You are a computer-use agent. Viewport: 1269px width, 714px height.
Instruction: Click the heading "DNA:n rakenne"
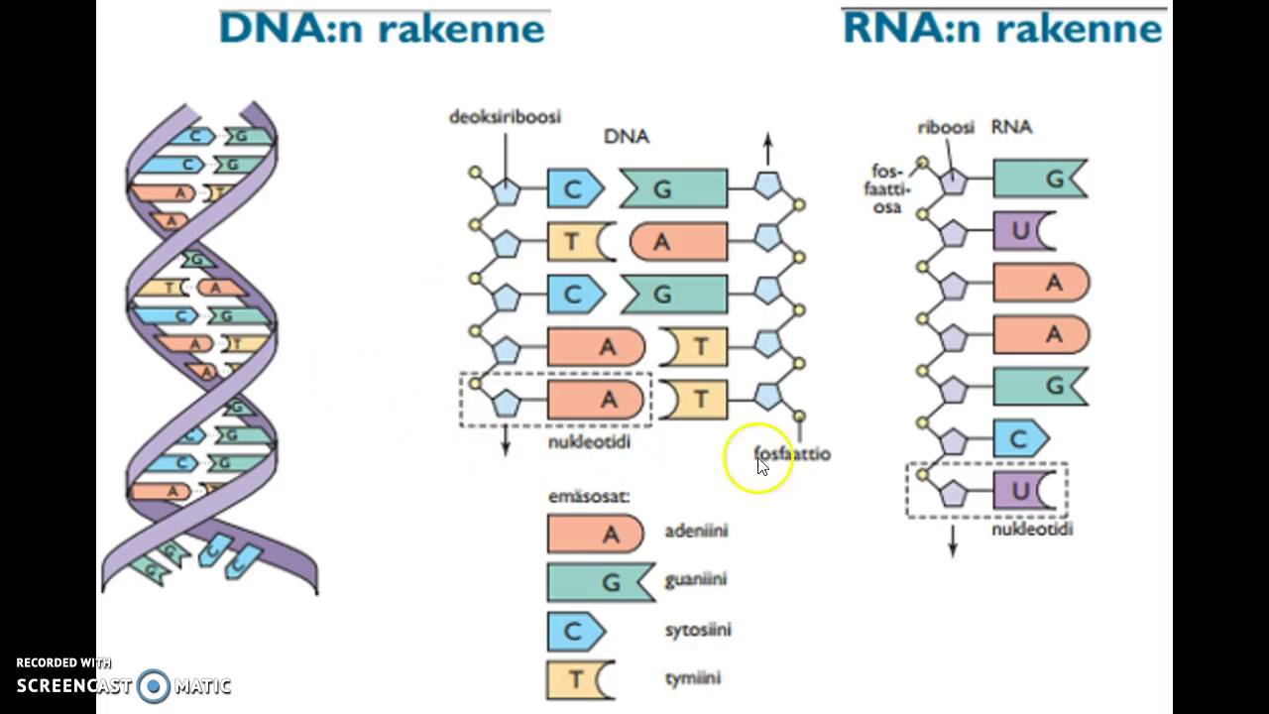(382, 28)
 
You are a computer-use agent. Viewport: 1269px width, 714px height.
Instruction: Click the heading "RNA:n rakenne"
(1002, 28)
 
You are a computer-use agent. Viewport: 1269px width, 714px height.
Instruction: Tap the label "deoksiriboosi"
(505, 117)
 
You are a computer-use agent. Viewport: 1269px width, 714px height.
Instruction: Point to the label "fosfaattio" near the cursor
(792, 454)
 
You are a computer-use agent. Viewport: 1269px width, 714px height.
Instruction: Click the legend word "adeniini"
(696, 532)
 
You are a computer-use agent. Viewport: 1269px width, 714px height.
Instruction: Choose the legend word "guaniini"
(696, 580)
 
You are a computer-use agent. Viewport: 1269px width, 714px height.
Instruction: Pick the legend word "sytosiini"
(698, 630)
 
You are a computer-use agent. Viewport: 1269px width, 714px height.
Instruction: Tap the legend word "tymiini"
(692, 679)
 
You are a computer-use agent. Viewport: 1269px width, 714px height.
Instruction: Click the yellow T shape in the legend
(579, 679)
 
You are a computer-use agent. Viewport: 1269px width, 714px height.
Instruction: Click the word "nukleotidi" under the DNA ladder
(589, 442)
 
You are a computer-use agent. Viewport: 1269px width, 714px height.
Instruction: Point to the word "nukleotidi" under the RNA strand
(1032, 530)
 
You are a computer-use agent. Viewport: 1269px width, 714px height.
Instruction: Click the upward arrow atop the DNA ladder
(767, 150)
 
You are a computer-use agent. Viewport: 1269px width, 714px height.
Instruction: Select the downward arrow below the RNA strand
(953, 541)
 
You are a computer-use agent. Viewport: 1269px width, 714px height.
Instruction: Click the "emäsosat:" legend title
(589, 497)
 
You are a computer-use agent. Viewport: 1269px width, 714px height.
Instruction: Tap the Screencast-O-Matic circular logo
(154, 685)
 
